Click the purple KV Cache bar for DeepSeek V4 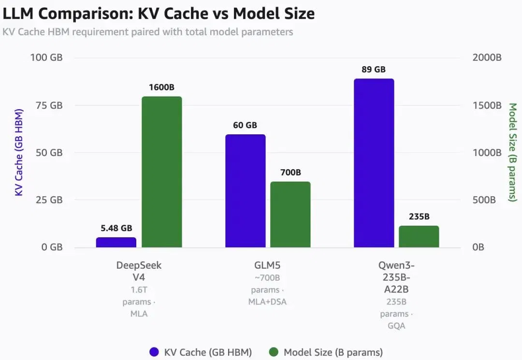point(116,242)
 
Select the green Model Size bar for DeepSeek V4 point(162,172)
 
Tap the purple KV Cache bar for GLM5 point(246,191)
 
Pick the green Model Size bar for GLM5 point(290,215)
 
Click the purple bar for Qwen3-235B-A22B point(374,163)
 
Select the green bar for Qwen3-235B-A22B point(419,237)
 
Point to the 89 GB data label point(374,69)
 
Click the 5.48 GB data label point(116,228)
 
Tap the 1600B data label point(161,87)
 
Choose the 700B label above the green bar point(290,173)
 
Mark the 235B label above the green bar point(419,216)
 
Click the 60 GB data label point(245,125)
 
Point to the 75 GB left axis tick point(49,105)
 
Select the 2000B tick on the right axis point(487,58)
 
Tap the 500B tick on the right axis point(484,200)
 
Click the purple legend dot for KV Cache point(154,352)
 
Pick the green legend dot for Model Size point(274,352)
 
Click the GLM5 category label point(267,265)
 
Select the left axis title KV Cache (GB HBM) point(19,152)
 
